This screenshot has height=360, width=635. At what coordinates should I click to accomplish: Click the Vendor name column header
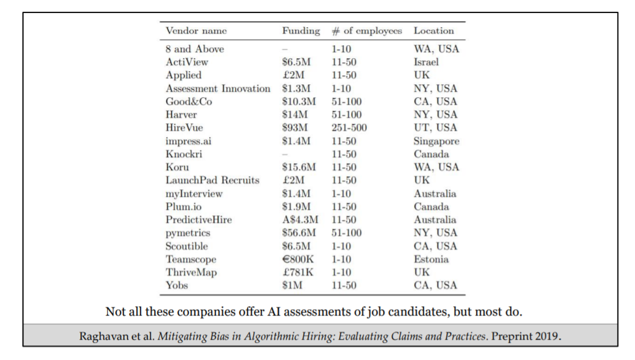coord(196,31)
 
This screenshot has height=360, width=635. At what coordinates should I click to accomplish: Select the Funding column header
coord(301,31)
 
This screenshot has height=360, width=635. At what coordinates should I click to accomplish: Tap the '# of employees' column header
coord(367,31)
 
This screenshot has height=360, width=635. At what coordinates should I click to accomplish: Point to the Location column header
coord(434,31)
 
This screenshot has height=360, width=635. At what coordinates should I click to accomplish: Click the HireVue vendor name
coord(184,127)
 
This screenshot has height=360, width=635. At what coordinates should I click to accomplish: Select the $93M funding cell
coord(295,127)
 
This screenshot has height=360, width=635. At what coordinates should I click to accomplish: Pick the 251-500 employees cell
coord(349,127)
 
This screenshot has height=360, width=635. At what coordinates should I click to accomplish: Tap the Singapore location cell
coord(436,141)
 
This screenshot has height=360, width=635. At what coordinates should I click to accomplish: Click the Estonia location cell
coord(431,259)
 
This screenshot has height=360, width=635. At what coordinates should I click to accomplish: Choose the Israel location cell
coord(426,62)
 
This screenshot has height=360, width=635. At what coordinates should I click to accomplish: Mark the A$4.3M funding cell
coord(300,220)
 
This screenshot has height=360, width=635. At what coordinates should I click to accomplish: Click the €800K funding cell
coord(298,259)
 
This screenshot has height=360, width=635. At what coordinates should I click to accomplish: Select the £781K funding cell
coord(298,272)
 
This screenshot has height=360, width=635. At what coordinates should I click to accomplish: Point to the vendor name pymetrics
coord(188,233)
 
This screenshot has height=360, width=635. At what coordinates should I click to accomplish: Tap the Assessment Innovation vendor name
coord(218,88)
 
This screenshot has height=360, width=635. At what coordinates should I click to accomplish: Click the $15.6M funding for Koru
coord(299,167)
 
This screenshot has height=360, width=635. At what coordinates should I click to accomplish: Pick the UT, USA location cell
coord(435,127)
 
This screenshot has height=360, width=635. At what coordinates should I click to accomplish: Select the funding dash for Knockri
coord(285,154)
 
